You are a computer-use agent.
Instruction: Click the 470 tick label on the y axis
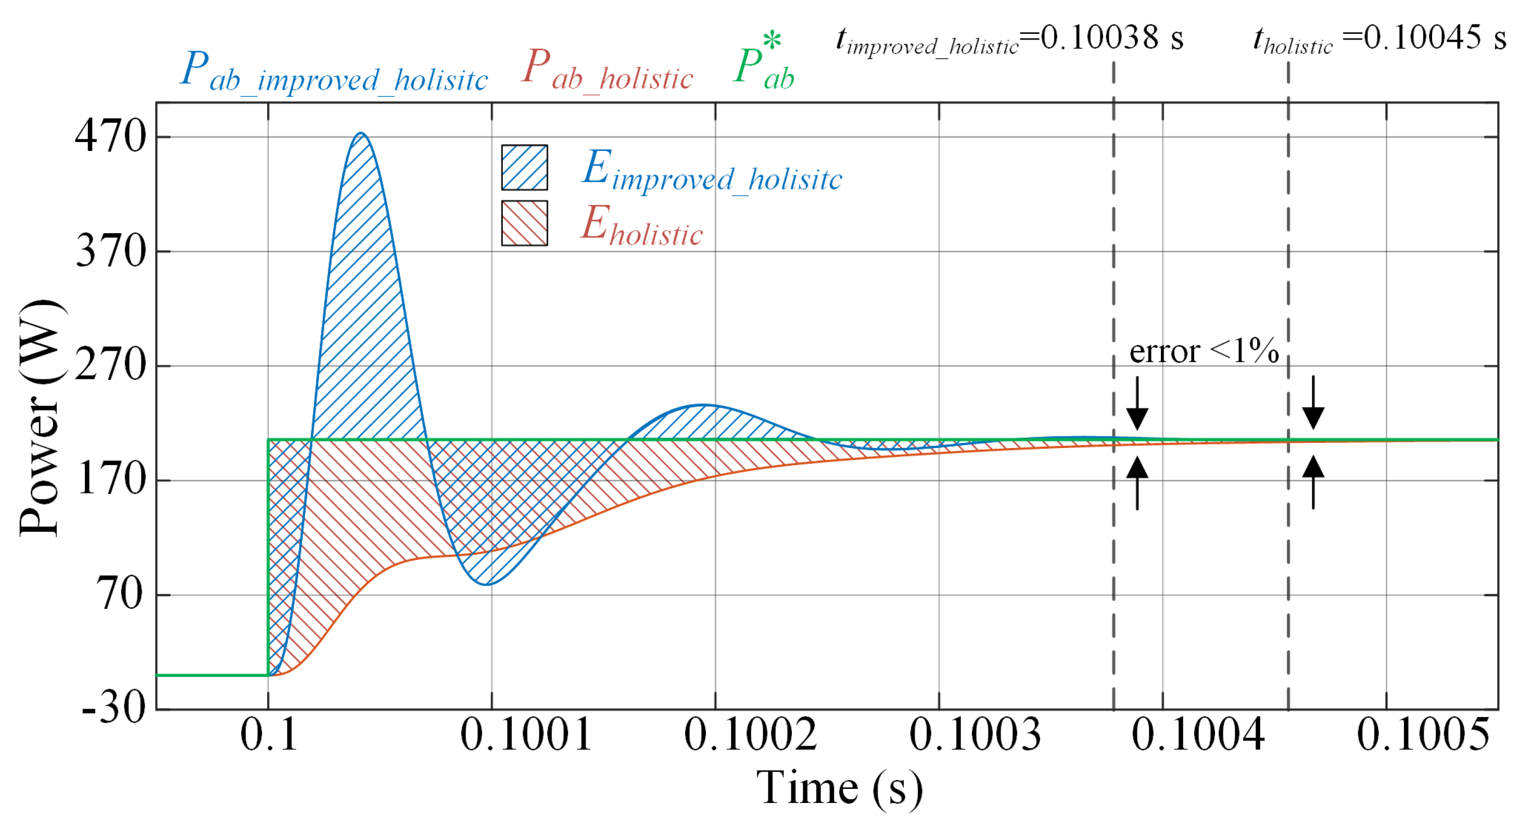[x=110, y=137]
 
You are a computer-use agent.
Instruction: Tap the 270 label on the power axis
[x=110, y=365]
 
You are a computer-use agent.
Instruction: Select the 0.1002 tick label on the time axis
[x=750, y=735]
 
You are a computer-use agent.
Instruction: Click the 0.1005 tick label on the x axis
[x=1423, y=735]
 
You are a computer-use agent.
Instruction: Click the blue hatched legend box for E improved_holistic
[x=524, y=168]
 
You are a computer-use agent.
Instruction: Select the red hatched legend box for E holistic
[x=524, y=223]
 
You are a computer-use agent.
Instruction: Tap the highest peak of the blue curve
[x=361, y=133]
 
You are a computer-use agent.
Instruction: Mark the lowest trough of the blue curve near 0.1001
[x=486, y=584]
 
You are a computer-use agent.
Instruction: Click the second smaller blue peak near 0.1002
[x=704, y=405]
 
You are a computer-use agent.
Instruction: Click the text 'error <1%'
[x=1203, y=351]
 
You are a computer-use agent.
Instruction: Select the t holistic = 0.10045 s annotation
[x=1379, y=39]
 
